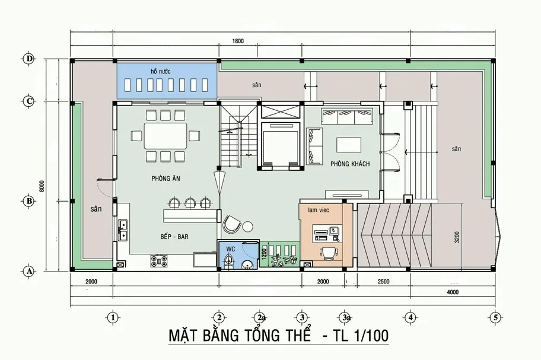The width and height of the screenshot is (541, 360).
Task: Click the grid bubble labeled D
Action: (28, 59)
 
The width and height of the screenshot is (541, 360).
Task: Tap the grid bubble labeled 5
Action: (494, 317)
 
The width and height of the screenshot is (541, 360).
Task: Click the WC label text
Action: (231, 249)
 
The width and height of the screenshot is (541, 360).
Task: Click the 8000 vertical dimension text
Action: (42, 186)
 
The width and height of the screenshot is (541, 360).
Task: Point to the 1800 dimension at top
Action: (238, 41)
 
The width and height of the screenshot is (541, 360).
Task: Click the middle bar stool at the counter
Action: (190, 203)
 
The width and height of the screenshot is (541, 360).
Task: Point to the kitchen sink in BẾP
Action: (123, 230)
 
